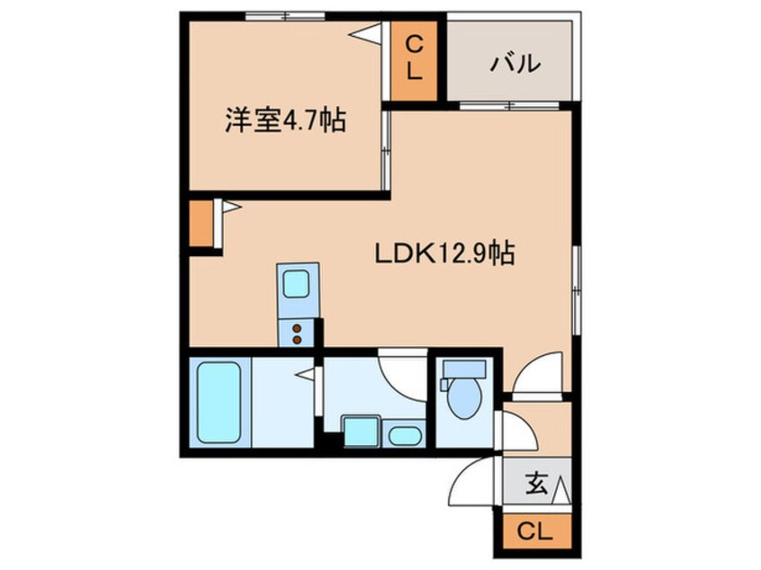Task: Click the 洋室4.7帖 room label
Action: pos(285,120)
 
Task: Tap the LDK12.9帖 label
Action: pos(444,254)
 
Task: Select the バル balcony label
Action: pos(515,64)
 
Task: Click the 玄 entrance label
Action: pos(536,484)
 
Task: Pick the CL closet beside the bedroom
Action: pos(414,59)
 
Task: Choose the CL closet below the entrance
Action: pos(536,531)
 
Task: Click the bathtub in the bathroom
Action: pos(219,402)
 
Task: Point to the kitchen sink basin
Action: pos(296,284)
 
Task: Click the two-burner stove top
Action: pos(297,334)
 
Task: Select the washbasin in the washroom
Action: pos(404,436)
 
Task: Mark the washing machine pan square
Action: pos(361,432)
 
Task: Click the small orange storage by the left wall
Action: pos(201,223)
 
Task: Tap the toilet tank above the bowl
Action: pos(464,369)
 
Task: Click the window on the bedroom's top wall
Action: pos(285,16)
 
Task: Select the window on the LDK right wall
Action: pos(577,290)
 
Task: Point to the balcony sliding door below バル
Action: pos(509,106)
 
